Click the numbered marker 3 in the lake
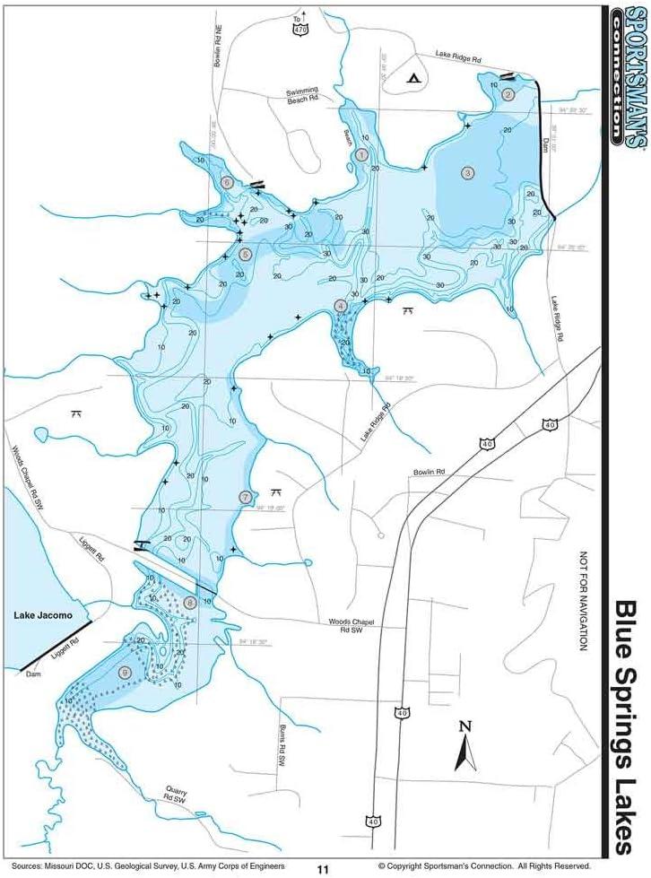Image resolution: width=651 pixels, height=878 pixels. tap(466, 172)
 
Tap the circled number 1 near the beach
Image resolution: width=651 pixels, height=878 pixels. tap(361, 155)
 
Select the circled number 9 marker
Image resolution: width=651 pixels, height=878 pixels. tap(125, 672)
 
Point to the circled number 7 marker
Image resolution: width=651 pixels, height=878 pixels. tap(246, 497)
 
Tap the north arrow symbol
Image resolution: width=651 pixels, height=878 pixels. tap(464, 746)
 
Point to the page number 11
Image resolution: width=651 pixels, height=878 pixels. tap(323, 868)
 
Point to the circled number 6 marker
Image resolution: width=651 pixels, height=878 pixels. tap(227, 183)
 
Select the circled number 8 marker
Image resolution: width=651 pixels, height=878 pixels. tap(189, 602)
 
